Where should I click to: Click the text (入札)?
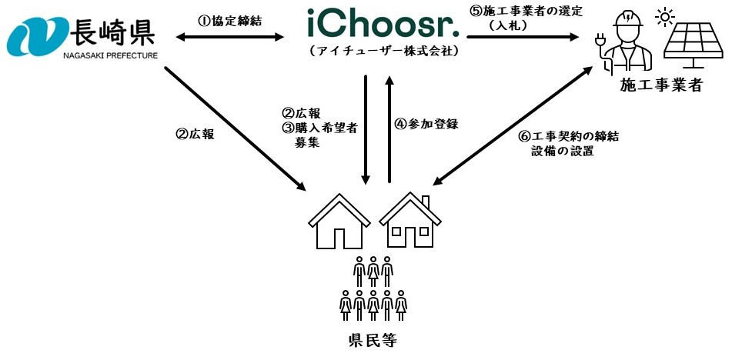coord(511,25)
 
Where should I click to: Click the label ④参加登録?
coord(426,124)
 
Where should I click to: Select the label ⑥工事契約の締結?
coord(569,136)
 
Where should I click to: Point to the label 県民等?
coord(373,341)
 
